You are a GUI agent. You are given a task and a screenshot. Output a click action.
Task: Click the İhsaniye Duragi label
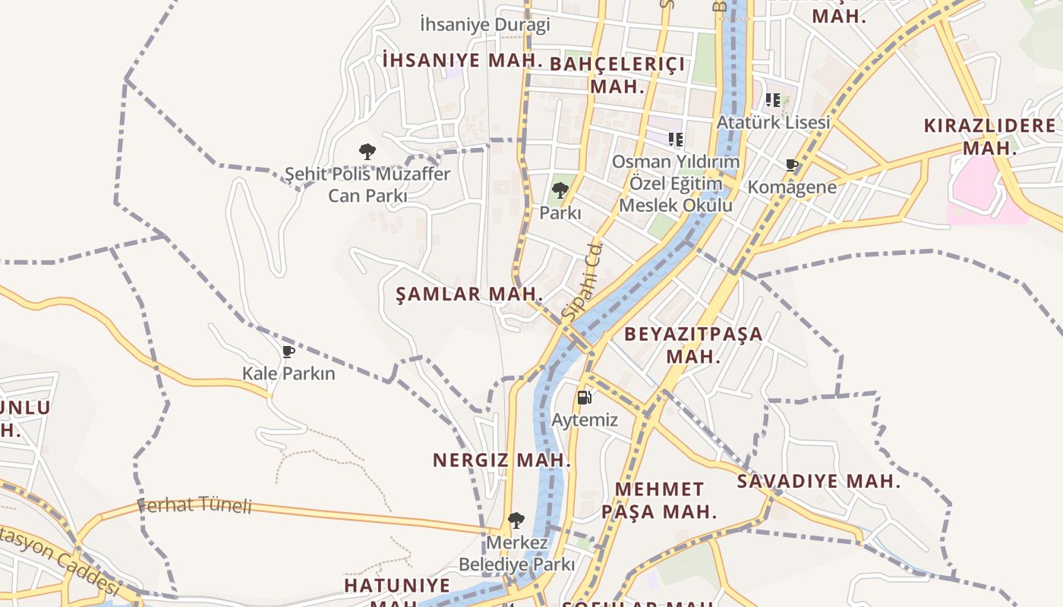pyautogui.click(x=484, y=25)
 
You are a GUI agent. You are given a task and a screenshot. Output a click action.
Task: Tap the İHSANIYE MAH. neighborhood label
pyautogui.click(x=463, y=60)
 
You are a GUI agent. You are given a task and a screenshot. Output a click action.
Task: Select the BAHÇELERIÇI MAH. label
pyautogui.click(x=617, y=74)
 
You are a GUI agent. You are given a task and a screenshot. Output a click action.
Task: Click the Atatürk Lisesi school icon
pyautogui.click(x=773, y=99)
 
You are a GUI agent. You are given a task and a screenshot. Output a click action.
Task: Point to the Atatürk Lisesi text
pyautogui.click(x=774, y=122)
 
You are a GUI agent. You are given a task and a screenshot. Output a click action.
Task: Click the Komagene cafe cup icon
pyautogui.click(x=792, y=165)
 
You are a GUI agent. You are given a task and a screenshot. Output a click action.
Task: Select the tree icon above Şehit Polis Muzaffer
pyautogui.click(x=367, y=152)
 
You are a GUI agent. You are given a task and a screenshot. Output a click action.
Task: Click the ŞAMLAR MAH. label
pyautogui.click(x=469, y=294)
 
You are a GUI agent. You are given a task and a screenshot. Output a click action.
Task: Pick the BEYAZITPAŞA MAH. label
pyautogui.click(x=693, y=344)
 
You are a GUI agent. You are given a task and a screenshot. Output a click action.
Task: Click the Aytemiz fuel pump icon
pyautogui.click(x=584, y=397)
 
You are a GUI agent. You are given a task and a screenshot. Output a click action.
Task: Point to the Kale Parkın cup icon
pyautogui.click(x=288, y=351)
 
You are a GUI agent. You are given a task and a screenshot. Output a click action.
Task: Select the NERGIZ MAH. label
pyautogui.click(x=501, y=460)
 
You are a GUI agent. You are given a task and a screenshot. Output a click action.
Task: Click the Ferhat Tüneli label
pyautogui.click(x=194, y=505)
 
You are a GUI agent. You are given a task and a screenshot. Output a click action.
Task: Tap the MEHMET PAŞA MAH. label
pyautogui.click(x=659, y=500)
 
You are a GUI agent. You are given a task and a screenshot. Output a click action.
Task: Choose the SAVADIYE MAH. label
pyautogui.click(x=819, y=481)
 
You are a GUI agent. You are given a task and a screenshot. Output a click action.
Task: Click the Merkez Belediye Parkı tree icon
pyautogui.click(x=516, y=521)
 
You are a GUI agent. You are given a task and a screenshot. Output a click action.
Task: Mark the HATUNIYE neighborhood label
pyautogui.click(x=397, y=586)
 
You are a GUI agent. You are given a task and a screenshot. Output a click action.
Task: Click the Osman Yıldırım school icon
pyautogui.click(x=676, y=139)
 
